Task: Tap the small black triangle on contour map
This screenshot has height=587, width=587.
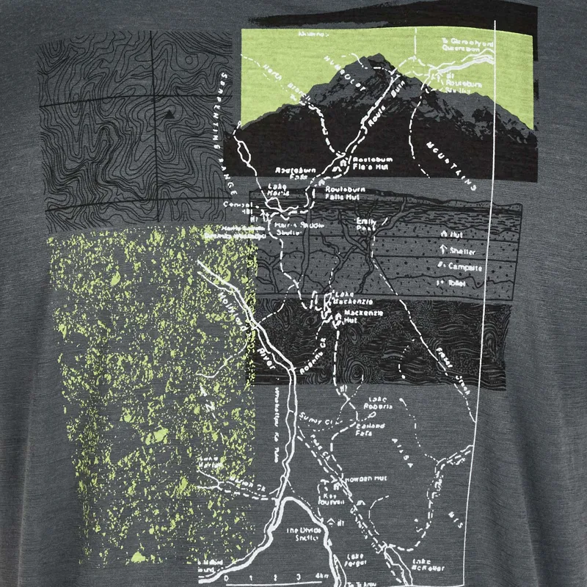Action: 169,114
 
